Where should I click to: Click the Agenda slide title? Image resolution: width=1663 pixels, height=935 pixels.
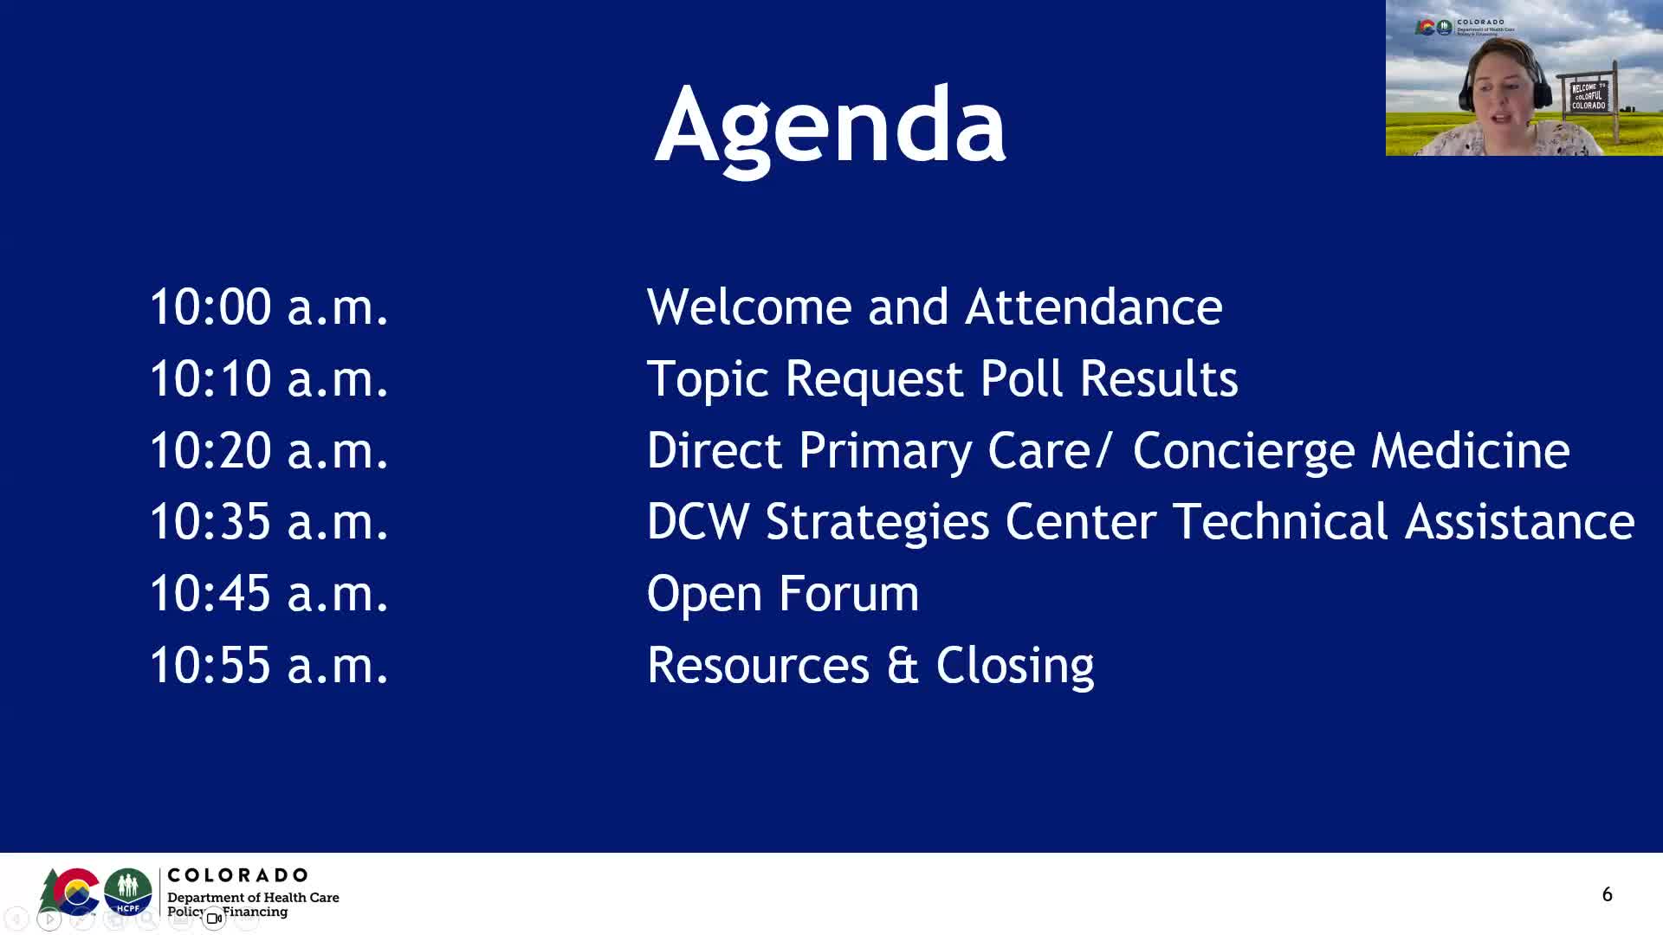830,126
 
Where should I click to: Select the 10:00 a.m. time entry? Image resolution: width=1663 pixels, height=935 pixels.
269,307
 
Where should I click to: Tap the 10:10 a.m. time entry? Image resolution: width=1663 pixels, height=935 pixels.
269,379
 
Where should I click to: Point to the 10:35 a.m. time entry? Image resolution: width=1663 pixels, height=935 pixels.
269,522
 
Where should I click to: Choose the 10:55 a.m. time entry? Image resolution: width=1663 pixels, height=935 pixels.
269,666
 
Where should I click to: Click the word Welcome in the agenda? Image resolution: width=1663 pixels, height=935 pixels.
749,307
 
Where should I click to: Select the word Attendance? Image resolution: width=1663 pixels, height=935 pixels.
1093,307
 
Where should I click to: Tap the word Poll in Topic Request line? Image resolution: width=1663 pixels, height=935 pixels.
1021,379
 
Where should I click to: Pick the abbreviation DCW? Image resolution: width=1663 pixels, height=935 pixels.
697,522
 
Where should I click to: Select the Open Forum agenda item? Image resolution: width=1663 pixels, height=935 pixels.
782,594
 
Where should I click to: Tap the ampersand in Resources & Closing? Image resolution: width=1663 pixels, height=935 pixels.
902,666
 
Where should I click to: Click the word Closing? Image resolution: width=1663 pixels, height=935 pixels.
1014,666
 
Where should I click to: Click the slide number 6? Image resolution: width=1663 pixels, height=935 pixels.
1607,894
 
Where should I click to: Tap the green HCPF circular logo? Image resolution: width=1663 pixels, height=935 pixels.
128,891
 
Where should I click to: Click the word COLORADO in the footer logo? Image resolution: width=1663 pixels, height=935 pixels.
237,875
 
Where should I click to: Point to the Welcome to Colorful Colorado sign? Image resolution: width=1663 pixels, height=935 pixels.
1589,95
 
